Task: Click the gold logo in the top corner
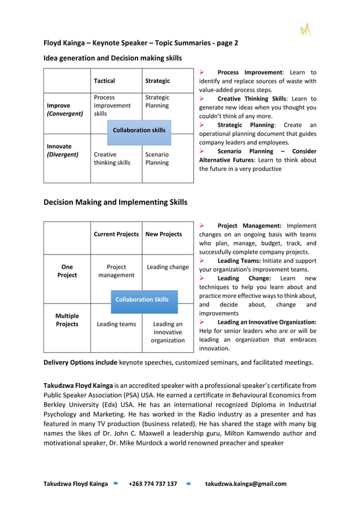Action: point(306,29)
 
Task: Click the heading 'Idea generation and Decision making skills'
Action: point(113,58)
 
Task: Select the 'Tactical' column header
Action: point(104,81)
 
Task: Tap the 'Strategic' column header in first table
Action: point(157,81)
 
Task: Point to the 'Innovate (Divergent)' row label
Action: point(62,150)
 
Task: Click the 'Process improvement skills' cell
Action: point(112,106)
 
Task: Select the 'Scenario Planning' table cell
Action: point(157,159)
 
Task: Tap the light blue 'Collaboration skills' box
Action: point(139,130)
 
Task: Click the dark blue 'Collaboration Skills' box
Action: point(142,300)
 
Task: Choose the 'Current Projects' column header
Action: point(116,234)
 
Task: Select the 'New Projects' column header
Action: point(164,234)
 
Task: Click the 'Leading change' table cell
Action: point(168,267)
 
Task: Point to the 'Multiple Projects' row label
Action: point(67,320)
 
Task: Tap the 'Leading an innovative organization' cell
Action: point(168,332)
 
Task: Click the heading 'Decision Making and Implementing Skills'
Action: point(116,202)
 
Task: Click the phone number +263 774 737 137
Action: point(152,484)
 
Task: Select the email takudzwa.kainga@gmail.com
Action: point(245,484)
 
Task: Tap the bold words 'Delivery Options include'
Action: point(81,362)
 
